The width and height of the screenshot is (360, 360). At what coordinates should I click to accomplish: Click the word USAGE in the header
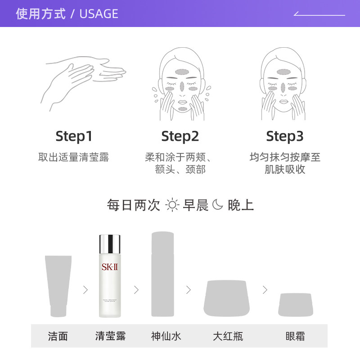click(99, 14)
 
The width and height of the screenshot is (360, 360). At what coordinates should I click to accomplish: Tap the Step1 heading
click(74, 136)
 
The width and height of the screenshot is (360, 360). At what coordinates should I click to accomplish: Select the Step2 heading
click(180, 136)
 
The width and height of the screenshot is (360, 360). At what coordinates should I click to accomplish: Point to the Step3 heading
click(285, 136)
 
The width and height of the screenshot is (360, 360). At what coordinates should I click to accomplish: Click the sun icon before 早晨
click(172, 205)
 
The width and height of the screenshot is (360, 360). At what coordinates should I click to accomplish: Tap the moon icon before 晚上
click(218, 205)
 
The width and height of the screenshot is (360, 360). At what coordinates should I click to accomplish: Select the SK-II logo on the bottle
click(110, 266)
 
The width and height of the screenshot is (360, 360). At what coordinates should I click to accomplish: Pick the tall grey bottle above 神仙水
click(163, 274)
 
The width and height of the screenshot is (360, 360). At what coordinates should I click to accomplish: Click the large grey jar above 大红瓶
click(227, 298)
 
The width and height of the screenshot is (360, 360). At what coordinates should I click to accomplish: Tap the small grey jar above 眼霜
click(295, 304)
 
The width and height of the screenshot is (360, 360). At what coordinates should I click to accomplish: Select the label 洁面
click(58, 336)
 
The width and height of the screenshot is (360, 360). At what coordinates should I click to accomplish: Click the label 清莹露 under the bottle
click(110, 336)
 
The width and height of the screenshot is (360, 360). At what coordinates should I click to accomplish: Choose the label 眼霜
click(295, 336)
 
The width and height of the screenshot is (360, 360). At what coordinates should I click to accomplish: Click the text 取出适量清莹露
click(74, 157)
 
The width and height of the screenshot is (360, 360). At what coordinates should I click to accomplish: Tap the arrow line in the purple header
click(319, 14)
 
